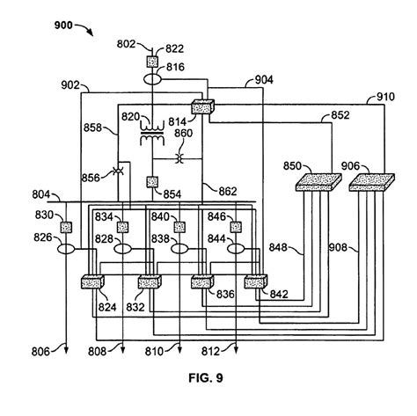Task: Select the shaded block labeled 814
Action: pyautogui.click(x=203, y=106)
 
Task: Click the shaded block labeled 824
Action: pyautogui.click(x=92, y=283)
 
